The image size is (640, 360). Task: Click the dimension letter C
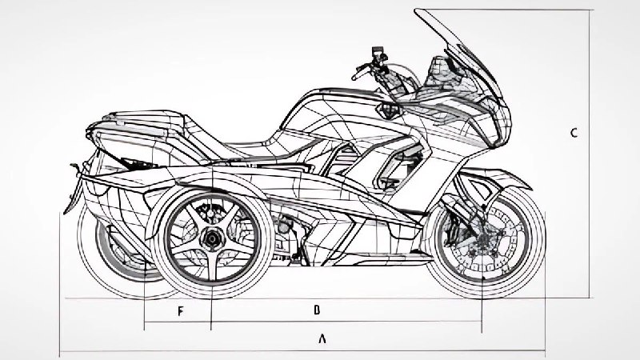coord(574,133)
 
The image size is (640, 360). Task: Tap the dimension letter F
coord(180,311)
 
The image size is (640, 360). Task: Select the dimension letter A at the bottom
coord(322,338)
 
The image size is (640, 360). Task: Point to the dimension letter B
coord(317,310)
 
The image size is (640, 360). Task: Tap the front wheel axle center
coord(483,240)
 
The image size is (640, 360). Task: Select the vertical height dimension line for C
coord(589,154)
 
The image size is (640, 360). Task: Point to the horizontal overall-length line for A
coord(302,350)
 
